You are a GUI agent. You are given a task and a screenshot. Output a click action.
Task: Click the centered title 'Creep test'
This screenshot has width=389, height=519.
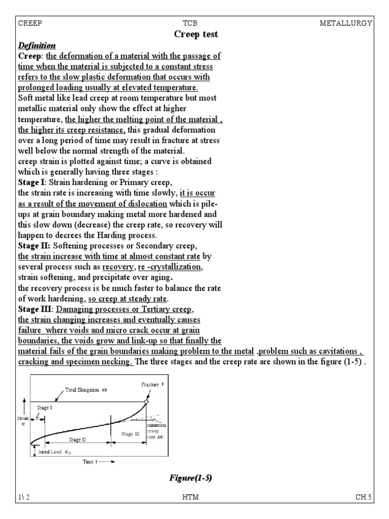click(196, 34)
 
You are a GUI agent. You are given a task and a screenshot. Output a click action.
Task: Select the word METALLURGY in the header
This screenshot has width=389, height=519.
click(346, 23)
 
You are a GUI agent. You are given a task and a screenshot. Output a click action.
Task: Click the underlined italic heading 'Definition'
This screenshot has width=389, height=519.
click(37, 46)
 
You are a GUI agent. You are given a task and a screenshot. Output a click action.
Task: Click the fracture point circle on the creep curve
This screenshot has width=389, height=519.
click(146, 401)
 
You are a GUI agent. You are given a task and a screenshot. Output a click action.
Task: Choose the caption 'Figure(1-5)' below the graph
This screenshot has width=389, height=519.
click(188, 478)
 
